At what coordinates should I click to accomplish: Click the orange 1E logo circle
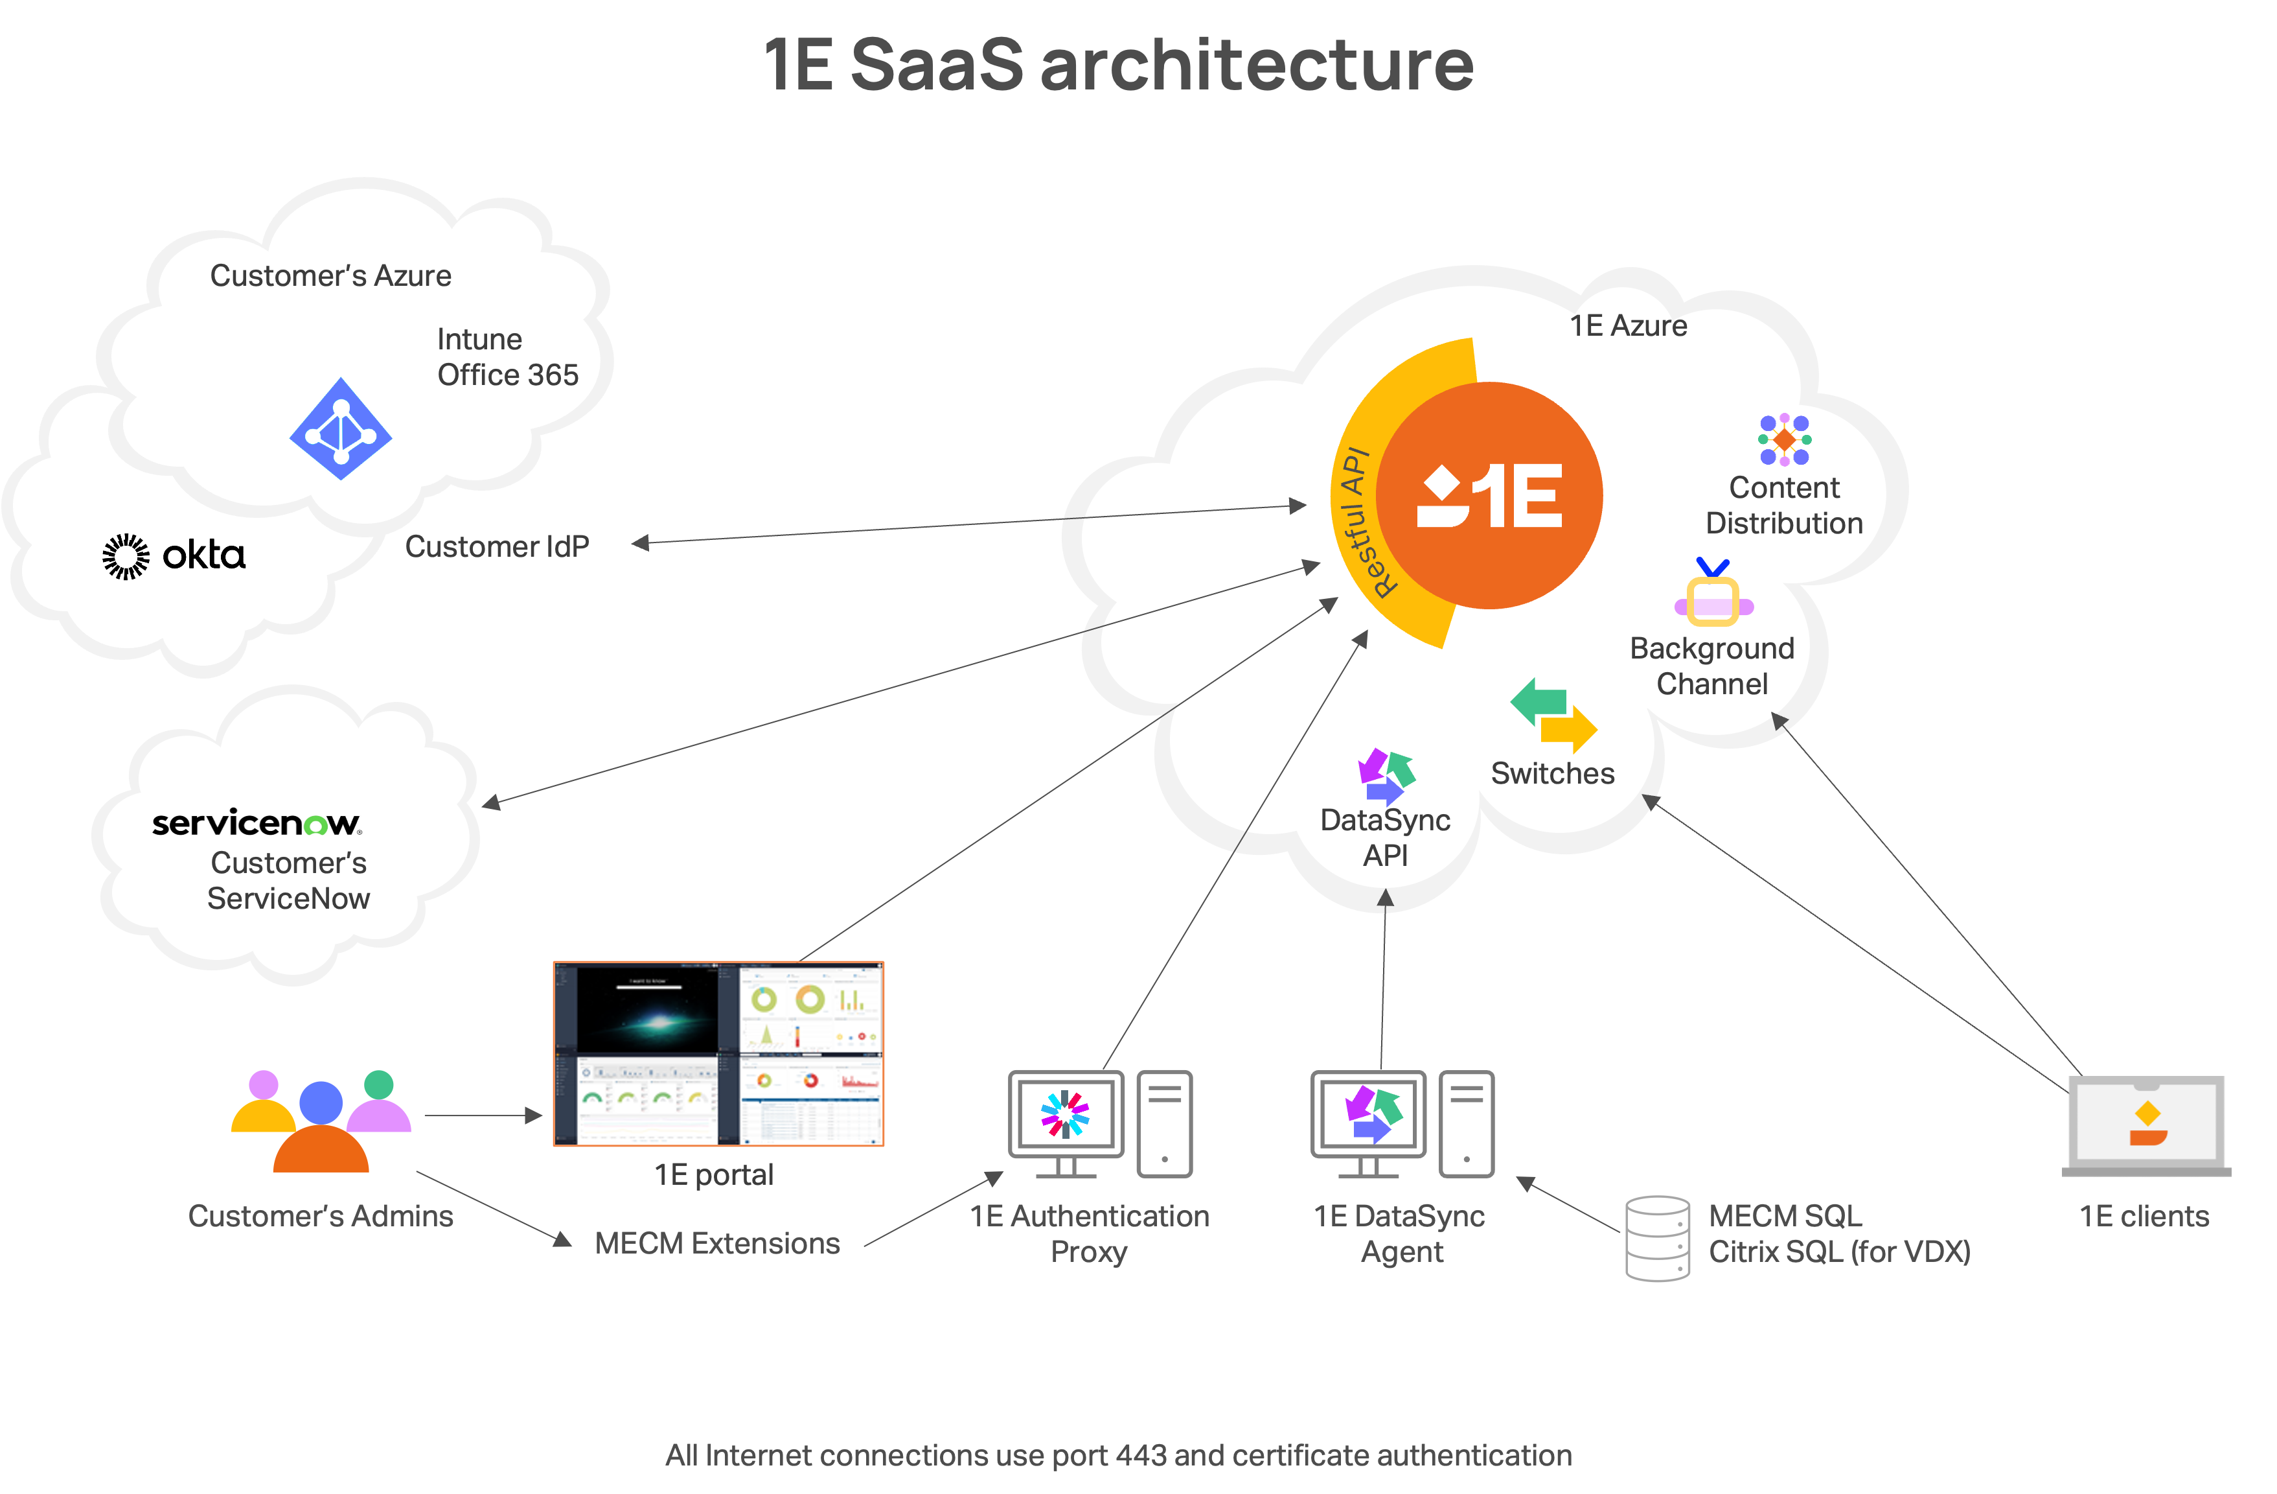[1490, 495]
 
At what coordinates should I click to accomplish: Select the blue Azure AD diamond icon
[341, 430]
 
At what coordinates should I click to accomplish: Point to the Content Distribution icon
[1784, 439]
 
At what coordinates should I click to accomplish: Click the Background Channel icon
[1713, 594]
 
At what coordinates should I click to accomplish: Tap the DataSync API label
[1386, 837]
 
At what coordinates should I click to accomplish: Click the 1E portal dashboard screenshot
[718, 1053]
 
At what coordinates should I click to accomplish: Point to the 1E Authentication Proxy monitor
[1066, 1115]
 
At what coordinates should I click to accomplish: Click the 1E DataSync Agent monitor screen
[1368, 1115]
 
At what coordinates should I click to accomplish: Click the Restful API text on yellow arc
[1364, 522]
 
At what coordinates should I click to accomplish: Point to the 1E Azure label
[1629, 325]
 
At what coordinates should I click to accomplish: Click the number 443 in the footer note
[1140, 1454]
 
